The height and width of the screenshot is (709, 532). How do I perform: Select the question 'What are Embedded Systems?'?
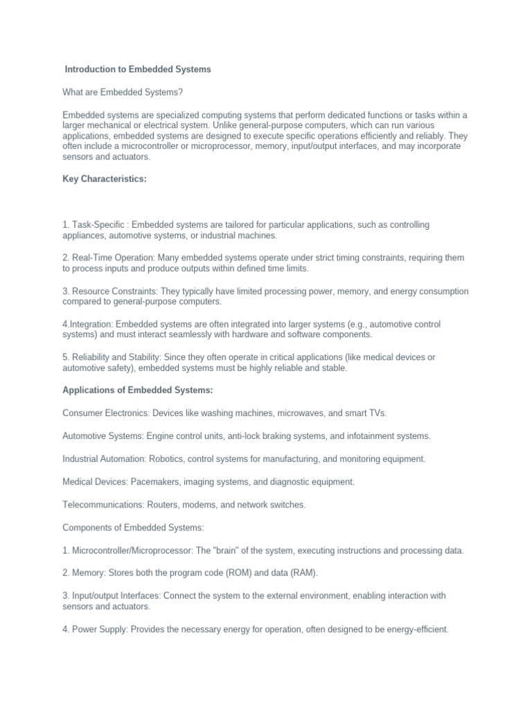[x=123, y=92]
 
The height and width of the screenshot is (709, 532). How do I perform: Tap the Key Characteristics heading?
[x=105, y=179]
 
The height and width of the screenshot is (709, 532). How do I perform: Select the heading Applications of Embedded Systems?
[x=138, y=391]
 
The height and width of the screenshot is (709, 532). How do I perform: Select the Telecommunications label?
[x=104, y=505]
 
